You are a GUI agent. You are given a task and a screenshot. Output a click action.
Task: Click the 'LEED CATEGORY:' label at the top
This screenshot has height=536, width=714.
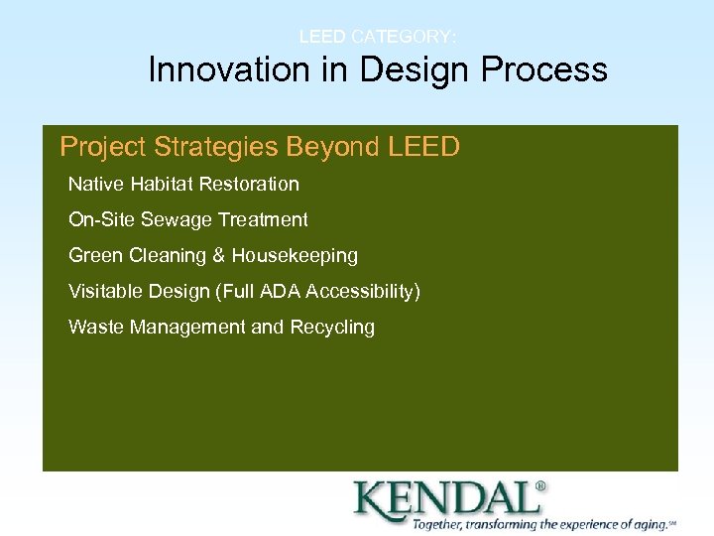pos(378,37)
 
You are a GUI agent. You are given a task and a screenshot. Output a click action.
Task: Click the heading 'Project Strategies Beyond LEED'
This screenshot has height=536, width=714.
pos(260,147)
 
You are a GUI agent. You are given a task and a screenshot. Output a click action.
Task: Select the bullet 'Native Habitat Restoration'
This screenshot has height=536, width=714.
pos(183,184)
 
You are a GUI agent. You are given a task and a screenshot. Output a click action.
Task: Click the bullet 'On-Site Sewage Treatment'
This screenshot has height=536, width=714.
pos(188,219)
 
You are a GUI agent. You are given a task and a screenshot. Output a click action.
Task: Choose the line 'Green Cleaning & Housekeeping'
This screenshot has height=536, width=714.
pos(213,255)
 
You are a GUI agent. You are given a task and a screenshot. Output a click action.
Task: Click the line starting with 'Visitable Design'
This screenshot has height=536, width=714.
pos(244,291)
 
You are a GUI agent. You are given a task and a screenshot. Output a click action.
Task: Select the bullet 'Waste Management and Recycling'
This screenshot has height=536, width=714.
pos(221,327)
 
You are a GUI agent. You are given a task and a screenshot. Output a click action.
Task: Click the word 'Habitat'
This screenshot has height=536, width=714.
pos(165,184)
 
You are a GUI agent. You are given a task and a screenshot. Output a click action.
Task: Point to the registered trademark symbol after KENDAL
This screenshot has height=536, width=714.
pos(540,486)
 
